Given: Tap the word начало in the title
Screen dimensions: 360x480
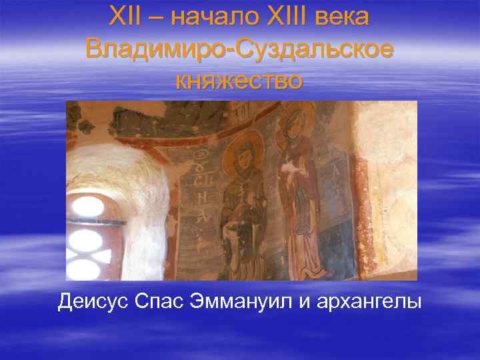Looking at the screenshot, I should coord(203,17).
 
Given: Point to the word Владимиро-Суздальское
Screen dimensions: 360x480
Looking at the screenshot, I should coord(240,49).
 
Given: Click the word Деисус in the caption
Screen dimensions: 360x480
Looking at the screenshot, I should coord(94,301).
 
